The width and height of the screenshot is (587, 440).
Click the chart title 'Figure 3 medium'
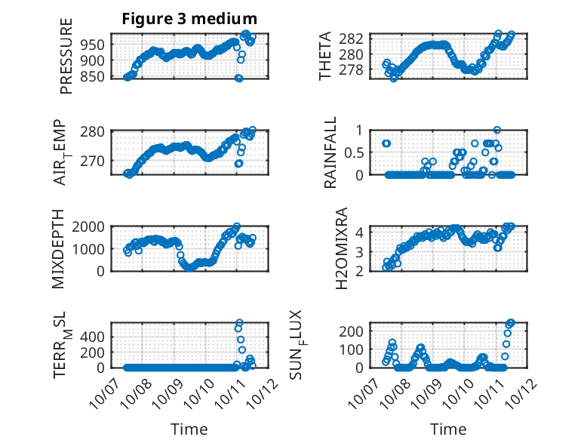189,18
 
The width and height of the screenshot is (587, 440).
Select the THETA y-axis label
326,56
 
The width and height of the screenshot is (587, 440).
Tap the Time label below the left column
189,429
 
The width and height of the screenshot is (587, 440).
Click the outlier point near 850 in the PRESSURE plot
238,78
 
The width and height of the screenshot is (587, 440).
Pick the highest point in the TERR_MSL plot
239,323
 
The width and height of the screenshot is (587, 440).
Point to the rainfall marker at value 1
496,130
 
